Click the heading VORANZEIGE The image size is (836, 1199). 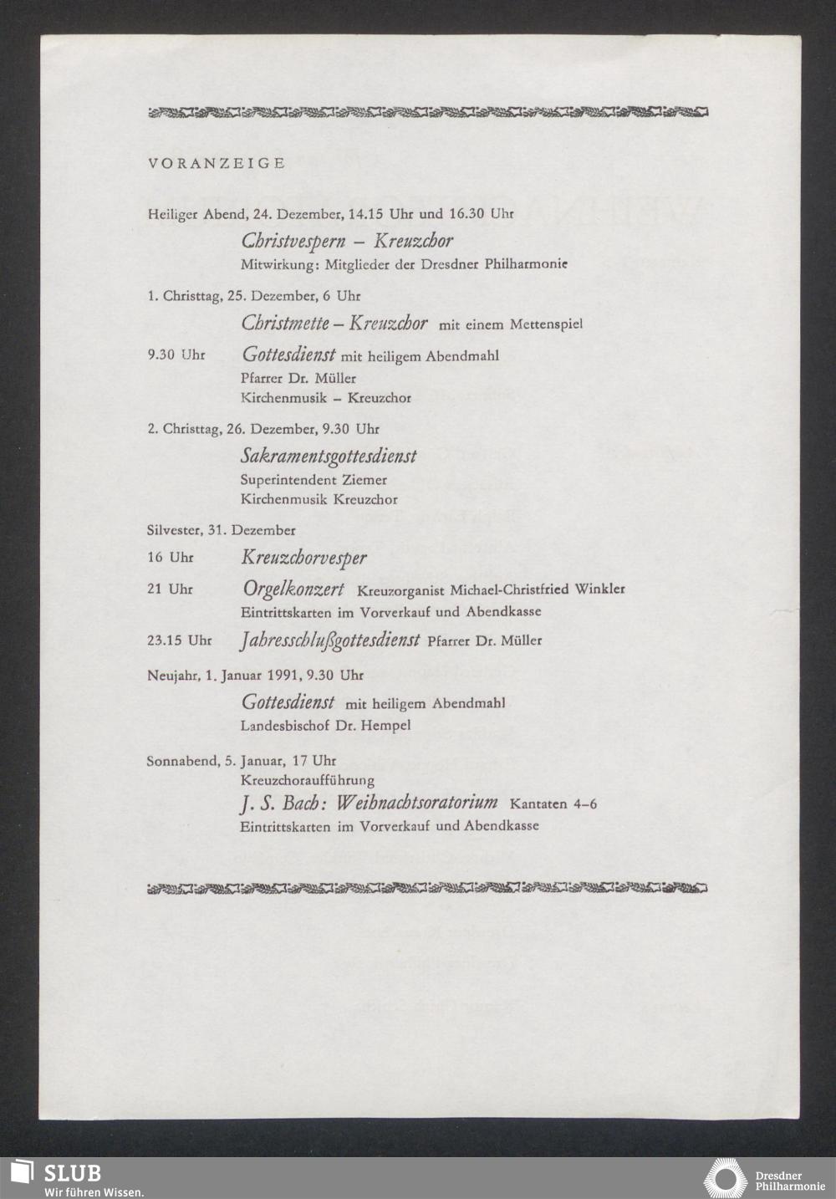(216, 163)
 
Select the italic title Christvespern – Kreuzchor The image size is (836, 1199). (347, 241)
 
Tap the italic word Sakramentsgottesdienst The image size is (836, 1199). (329, 456)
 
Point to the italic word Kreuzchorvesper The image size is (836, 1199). (304, 557)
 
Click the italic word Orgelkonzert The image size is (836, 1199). (293, 589)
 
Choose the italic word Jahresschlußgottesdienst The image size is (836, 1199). (329, 640)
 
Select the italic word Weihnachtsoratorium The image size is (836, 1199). (417, 803)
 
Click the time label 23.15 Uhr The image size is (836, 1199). (179, 640)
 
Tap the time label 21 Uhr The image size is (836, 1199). (170, 589)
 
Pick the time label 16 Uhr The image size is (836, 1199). (170, 557)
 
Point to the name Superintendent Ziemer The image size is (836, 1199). (313, 480)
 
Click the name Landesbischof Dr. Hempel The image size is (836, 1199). (325, 725)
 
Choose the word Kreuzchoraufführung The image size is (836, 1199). (307, 780)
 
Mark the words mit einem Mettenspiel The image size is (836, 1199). (510, 324)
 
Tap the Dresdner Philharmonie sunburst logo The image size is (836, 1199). (724, 1178)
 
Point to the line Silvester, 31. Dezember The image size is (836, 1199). (221, 530)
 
